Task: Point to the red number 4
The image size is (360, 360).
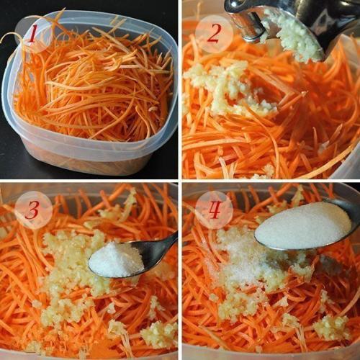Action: (214, 210)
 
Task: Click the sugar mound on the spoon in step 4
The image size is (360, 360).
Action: (302, 225)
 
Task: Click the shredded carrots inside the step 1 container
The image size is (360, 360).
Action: (94, 86)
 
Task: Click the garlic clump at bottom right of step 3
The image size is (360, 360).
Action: (158, 333)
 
